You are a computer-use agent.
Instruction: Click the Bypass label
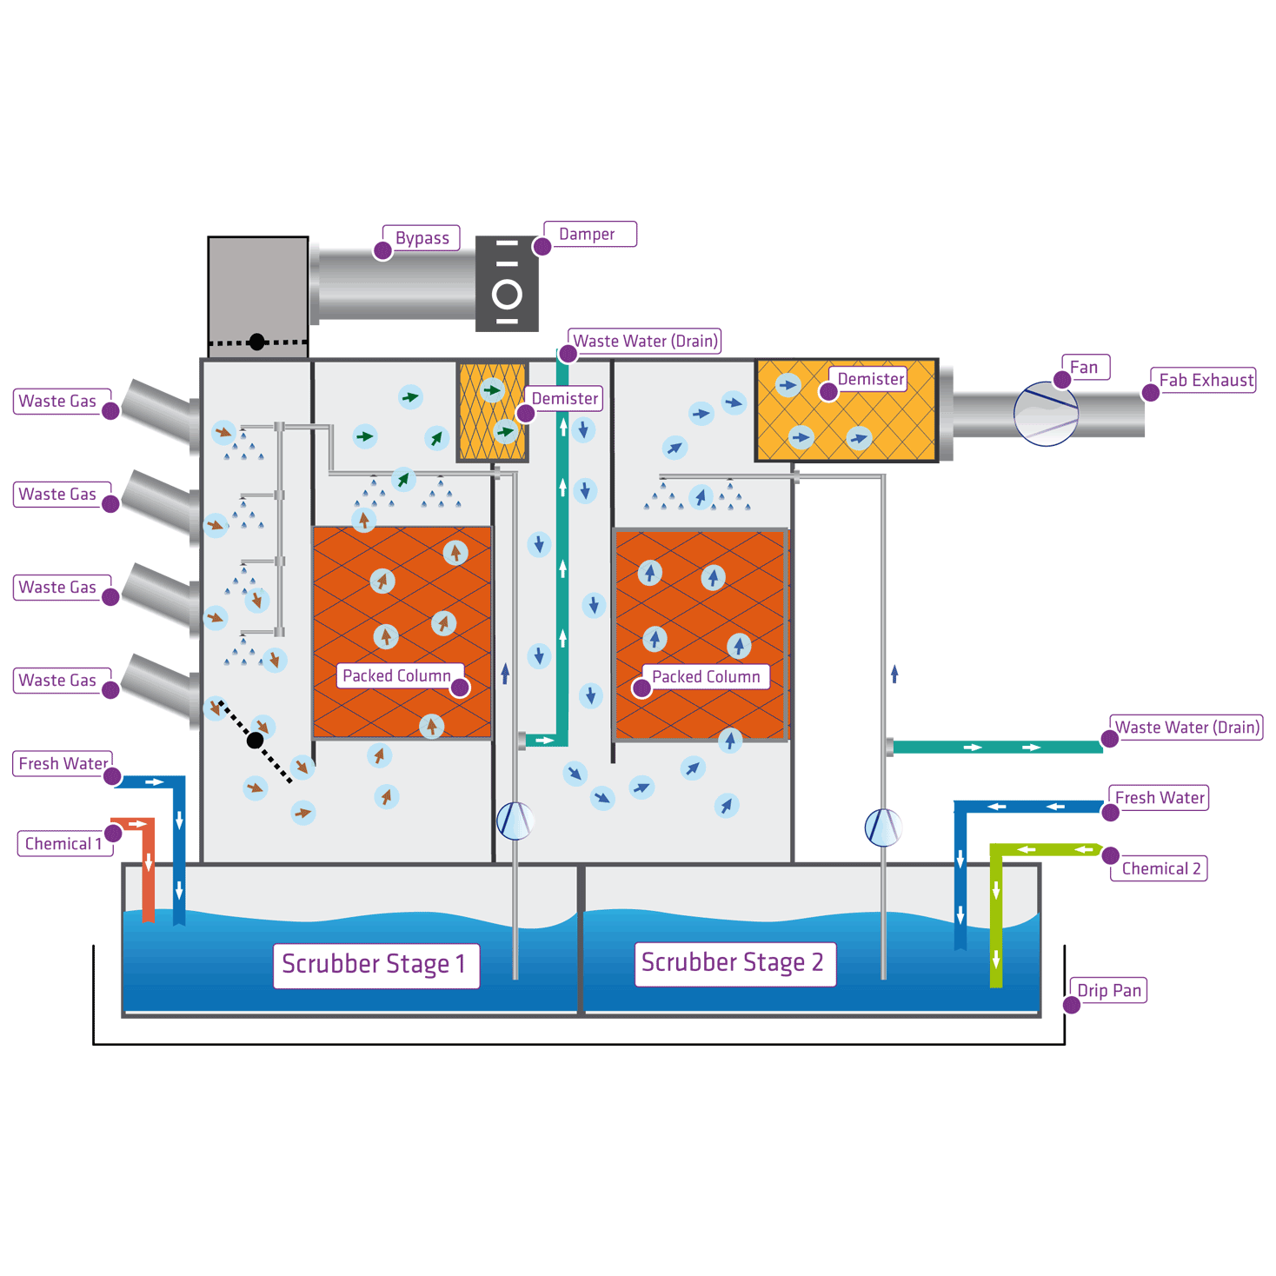click(x=422, y=238)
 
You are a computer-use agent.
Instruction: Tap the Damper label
click(x=588, y=235)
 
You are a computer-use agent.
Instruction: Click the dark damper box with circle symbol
click(x=507, y=283)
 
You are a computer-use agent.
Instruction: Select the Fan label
click(x=1084, y=368)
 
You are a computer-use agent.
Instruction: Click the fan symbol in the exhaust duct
click(x=1046, y=415)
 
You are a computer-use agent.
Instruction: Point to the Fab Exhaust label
click(x=1206, y=381)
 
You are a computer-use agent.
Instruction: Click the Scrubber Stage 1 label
click(x=375, y=965)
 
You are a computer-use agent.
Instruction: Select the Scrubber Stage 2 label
click(x=733, y=963)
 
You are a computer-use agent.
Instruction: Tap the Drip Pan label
click(x=1109, y=991)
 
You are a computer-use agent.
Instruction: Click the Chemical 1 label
click(x=63, y=844)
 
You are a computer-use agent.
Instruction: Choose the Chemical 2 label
click(x=1160, y=869)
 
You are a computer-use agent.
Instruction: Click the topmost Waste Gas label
click(x=58, y=402)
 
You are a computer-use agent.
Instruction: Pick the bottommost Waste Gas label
click(x=58, y=681)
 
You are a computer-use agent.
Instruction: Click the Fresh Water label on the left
click(x=63, y=764)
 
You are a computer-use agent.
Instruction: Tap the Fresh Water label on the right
click(x=1160, y=798)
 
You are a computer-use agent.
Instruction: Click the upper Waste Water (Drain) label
click(x=646, y=342)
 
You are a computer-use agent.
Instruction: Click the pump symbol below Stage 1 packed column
click(x=515, y=820)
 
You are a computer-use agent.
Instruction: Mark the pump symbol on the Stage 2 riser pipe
click(x=883, y=827)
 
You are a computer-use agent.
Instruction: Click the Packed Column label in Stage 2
click(x=706, y=677)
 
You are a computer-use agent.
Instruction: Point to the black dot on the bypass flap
click(x=256, y=342)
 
